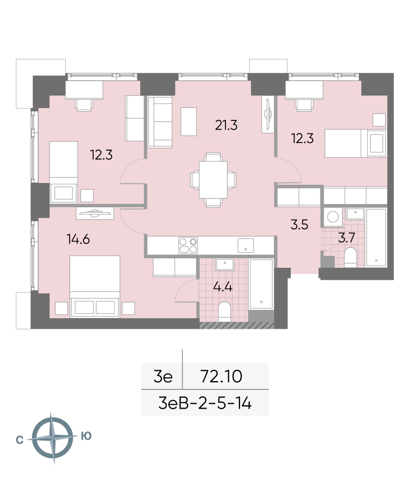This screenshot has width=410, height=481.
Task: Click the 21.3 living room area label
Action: (226, 125)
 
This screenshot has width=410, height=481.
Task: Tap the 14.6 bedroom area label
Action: (78, 239)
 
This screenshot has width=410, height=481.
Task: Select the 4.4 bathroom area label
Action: (223, 287)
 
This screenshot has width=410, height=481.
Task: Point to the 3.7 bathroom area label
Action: (346, 238)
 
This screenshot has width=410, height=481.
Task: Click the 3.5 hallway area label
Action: (299, 225)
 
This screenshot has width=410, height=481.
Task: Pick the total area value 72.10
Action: (221, 376)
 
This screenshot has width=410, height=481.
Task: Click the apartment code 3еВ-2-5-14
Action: (205, 403)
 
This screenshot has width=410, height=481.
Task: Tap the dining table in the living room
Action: (213, 180)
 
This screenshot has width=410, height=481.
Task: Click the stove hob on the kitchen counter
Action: (188, 246)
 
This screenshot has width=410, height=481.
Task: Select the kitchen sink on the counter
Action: (245, 246)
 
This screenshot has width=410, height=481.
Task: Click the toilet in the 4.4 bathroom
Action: (225, 311)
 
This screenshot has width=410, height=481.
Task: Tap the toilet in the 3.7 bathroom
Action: (350, 258)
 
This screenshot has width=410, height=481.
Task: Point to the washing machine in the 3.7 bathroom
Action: (333, 217)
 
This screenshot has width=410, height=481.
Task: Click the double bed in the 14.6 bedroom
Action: (94, 286)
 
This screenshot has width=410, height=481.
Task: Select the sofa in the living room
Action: (160, 122)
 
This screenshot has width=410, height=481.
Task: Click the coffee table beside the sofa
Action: (189, 121)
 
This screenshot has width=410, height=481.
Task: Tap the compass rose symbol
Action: (53, 437)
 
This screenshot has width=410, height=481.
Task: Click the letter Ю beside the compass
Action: (86, 436)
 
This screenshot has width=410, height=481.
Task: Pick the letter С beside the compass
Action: (19, 440)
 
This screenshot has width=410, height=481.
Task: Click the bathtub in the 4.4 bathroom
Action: (261, 284)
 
